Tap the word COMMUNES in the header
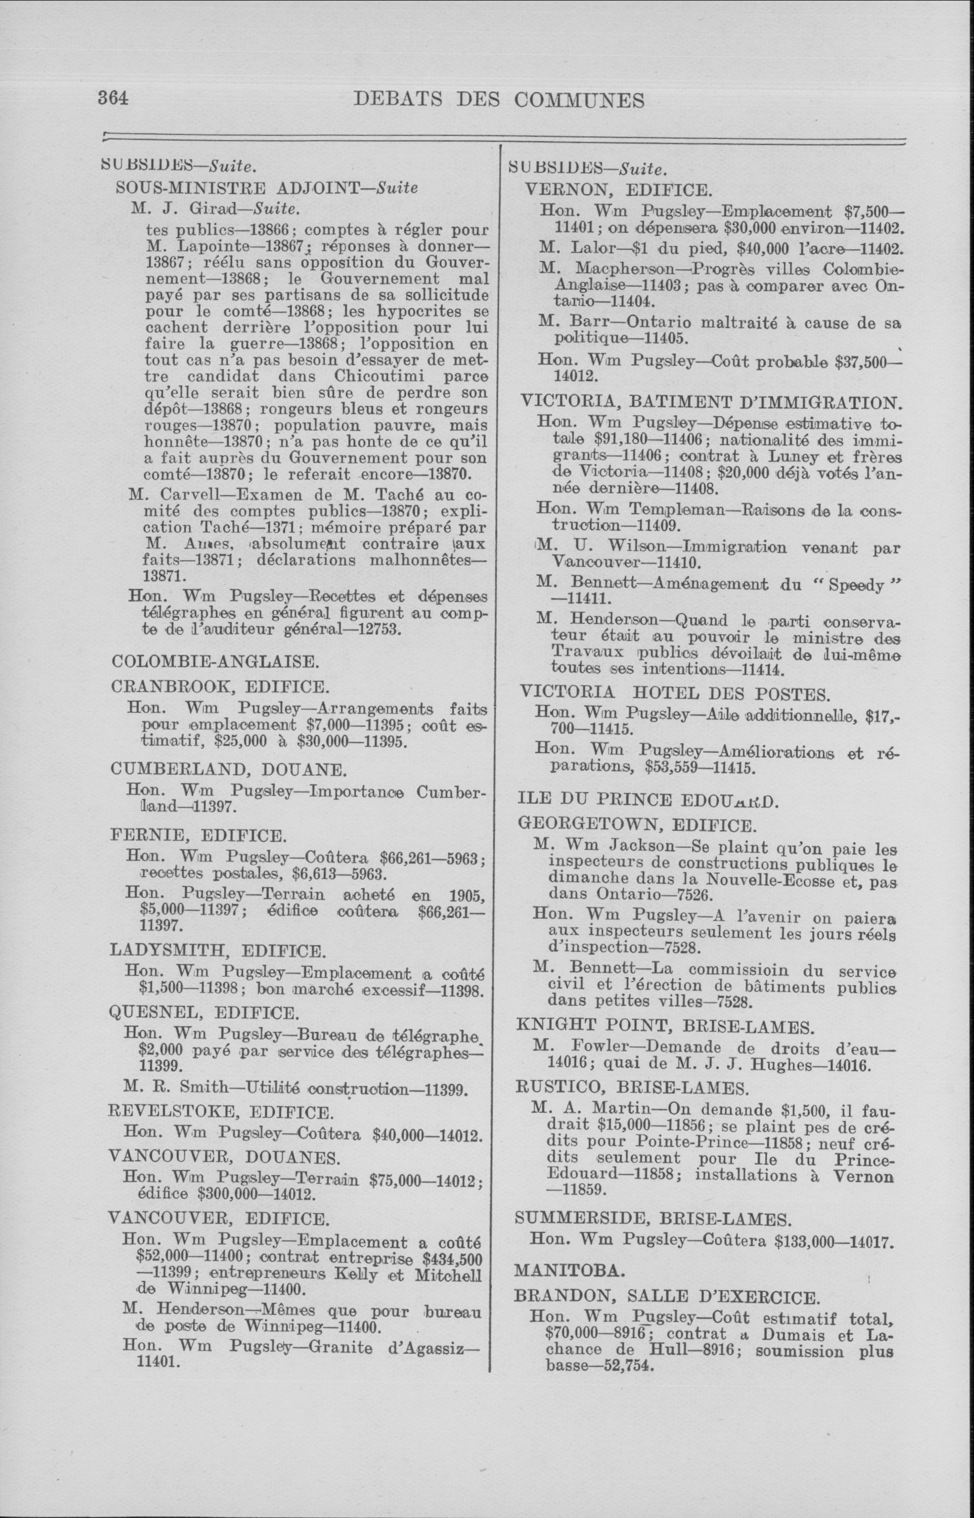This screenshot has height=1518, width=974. point(579,100)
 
